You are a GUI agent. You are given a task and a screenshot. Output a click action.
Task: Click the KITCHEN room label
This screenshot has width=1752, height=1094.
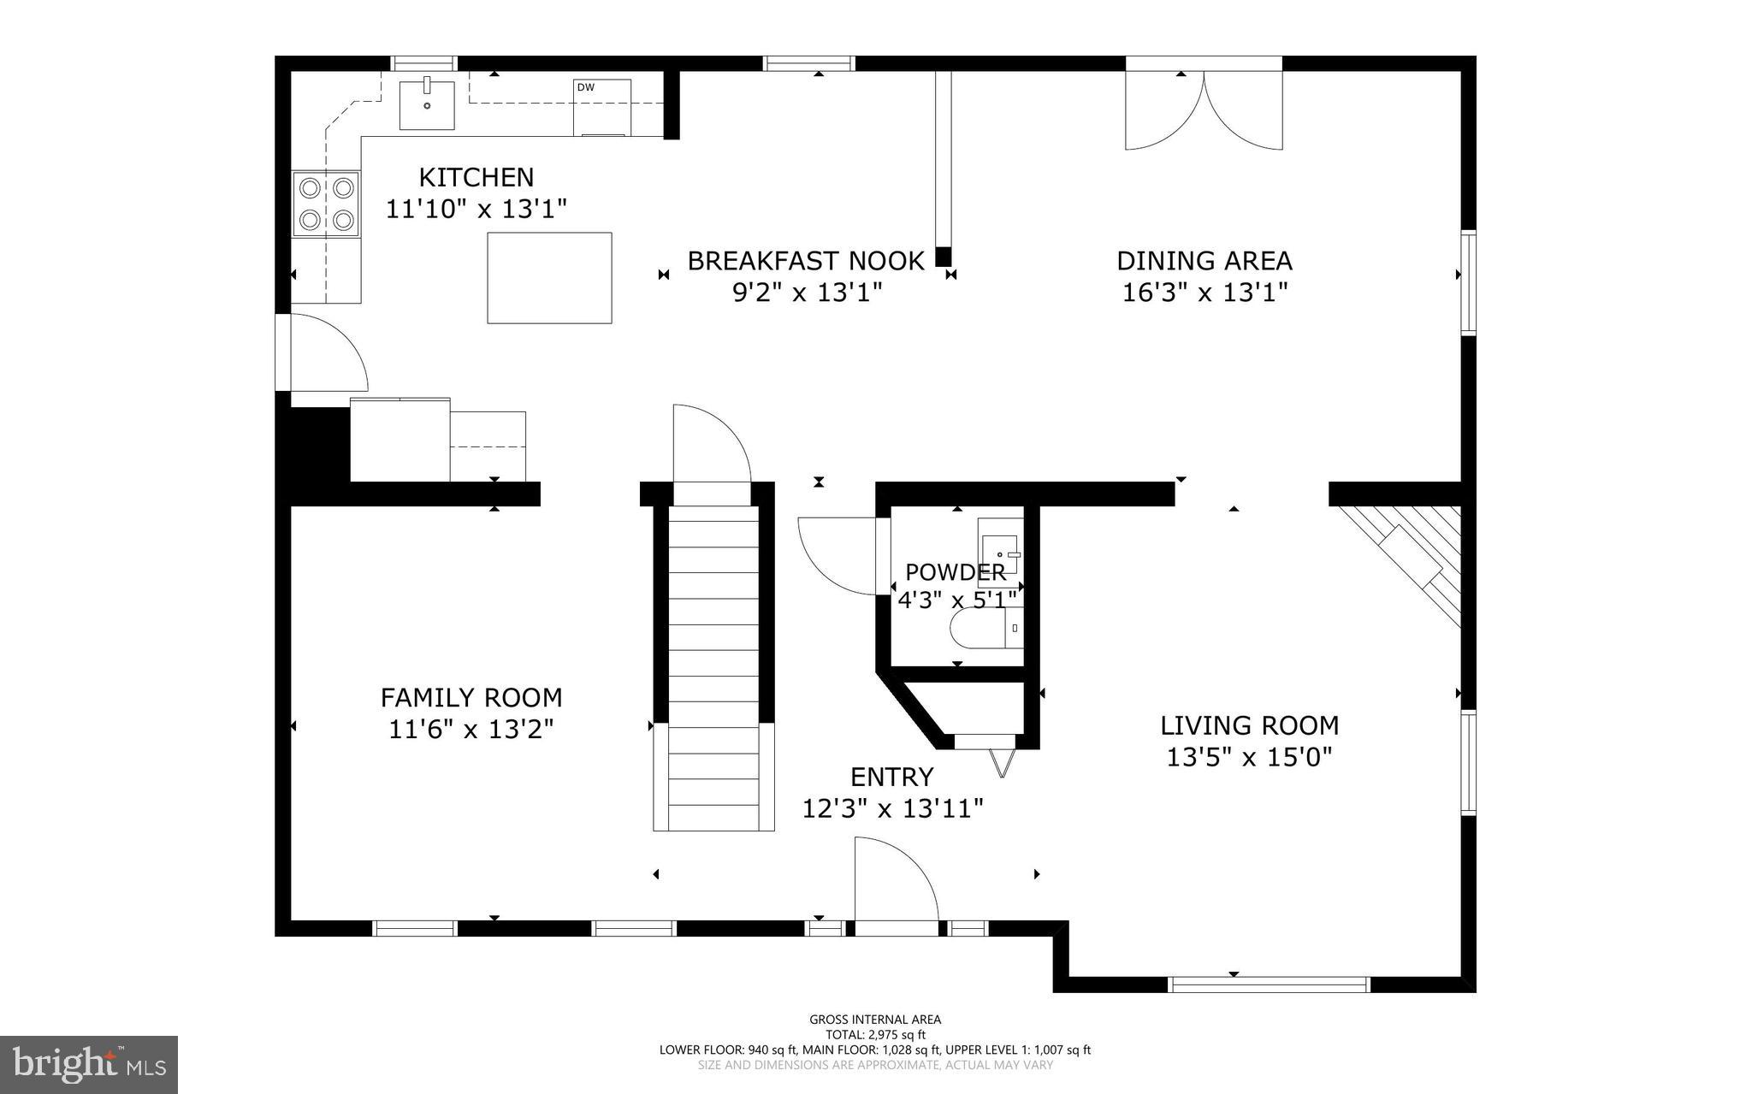tap(476, 177)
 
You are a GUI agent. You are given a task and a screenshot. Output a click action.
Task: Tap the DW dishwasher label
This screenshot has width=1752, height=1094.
tap(585, 87)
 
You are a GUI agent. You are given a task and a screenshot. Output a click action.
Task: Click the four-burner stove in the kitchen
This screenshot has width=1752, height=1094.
tap(326, 204)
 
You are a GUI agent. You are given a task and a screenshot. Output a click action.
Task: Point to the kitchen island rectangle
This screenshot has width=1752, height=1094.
tap(549, 278)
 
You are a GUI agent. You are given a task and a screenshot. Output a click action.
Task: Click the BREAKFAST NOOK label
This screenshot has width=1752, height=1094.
tap(806, 261)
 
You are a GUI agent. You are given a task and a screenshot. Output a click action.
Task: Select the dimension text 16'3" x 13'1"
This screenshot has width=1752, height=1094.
tap(1204, 293)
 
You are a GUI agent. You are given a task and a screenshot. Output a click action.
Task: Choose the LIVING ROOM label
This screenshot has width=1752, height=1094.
tap(1249, 725)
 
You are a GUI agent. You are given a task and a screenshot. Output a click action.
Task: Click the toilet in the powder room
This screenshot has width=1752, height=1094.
tap(984, 629)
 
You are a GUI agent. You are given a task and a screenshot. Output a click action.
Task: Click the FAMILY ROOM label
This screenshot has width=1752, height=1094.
tap(471, 698)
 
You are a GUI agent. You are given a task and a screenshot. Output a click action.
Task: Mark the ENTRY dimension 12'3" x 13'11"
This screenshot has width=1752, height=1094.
tap(892, 808)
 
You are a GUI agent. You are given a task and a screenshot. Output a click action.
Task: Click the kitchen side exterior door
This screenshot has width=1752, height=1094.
tap(321, 352)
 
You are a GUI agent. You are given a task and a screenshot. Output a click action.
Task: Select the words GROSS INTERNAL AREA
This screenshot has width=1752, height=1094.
tap(875, 1019)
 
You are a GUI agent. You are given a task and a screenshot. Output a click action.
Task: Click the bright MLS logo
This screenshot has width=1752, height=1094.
tap(89, 1064)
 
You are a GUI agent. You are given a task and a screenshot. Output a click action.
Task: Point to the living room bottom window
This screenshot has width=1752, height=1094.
tap(1269, 985)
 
